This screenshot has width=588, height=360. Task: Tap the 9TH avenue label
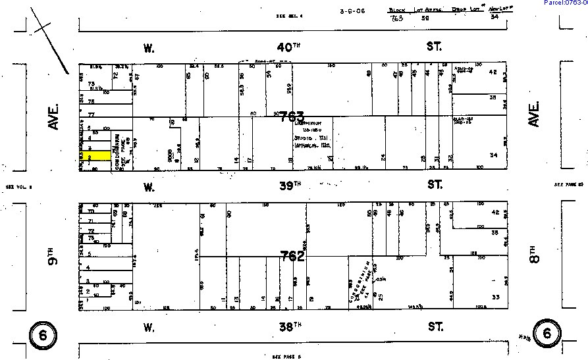point(53,252)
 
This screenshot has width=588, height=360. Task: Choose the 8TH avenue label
point(534,250)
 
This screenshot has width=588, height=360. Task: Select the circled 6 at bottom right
point(547,334)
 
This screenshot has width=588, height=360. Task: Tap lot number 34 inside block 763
point(493,155)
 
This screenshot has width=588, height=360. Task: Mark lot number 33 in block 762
point(495,297)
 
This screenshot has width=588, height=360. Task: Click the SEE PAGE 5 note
point(286,355)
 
